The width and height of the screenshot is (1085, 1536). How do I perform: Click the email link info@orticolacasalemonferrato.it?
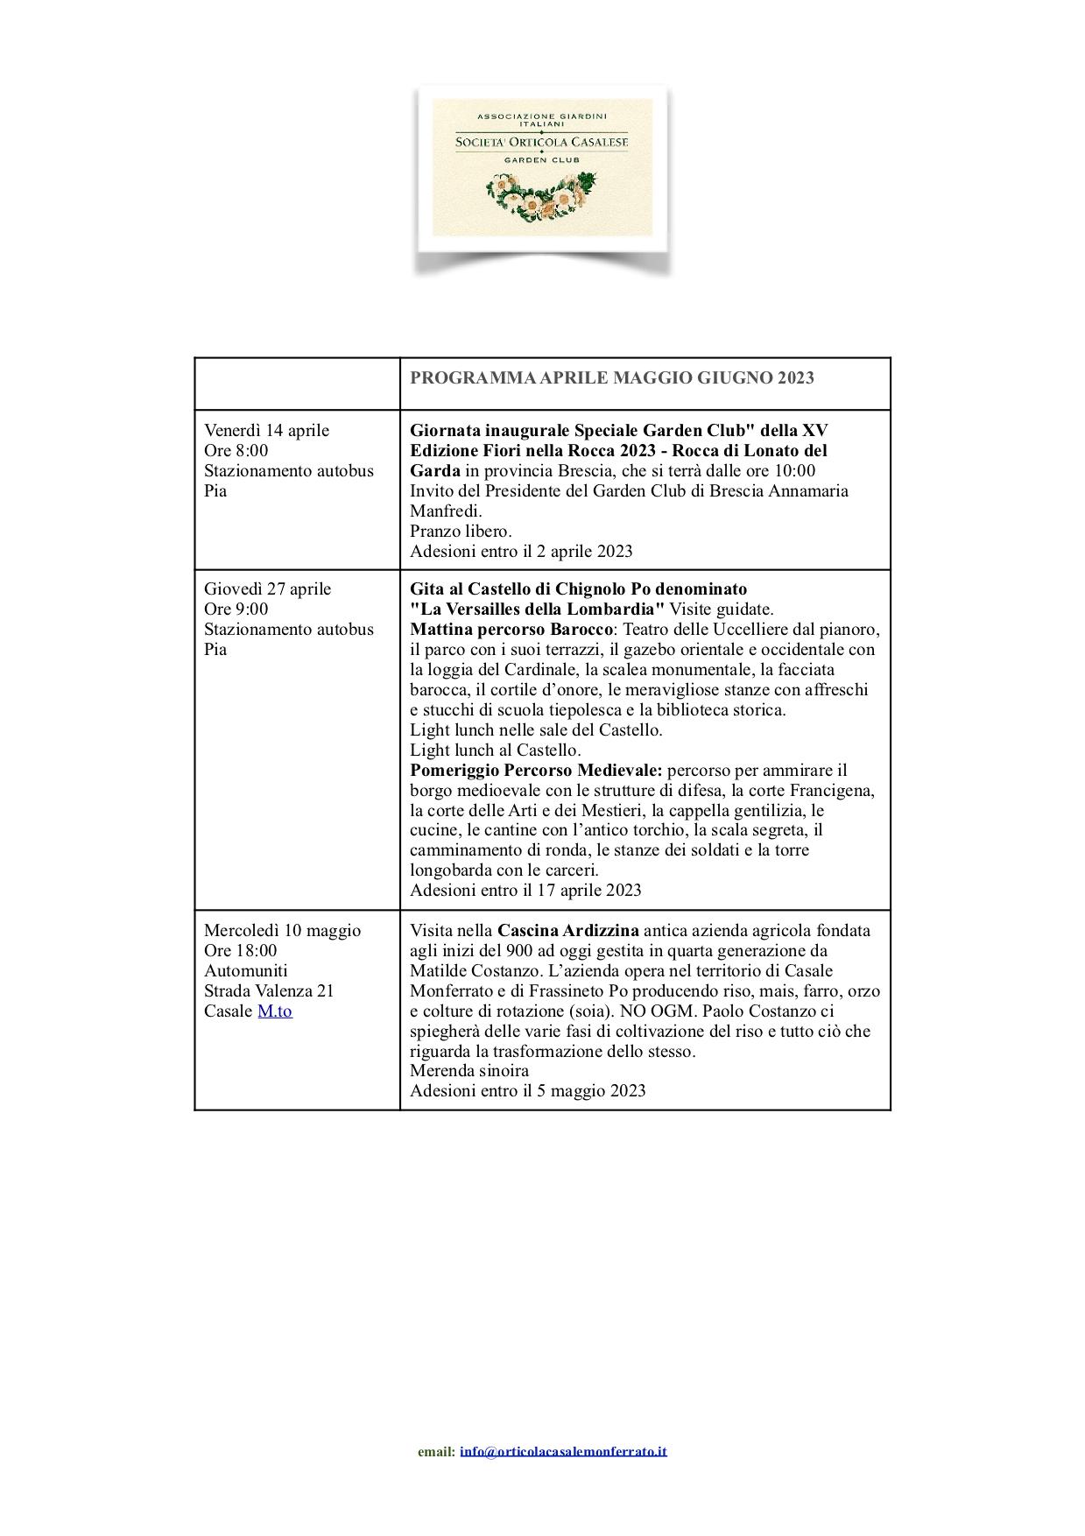click(x=563, y=1451)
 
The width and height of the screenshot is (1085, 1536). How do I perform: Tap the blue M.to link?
click(x=274, y=1011)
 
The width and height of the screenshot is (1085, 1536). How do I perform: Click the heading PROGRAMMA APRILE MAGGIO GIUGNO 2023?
click(x=612, y=377)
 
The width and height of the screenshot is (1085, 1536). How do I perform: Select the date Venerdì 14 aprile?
click(x=266, y=430)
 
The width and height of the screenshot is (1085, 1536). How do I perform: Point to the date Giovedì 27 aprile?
click(x=267, y=588)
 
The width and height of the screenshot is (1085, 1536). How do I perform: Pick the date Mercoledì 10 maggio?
click(x=282, y=930)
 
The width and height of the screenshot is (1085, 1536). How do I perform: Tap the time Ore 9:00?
click(x=236, y=609)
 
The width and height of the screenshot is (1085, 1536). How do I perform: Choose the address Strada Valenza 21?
click(x=269, y=990)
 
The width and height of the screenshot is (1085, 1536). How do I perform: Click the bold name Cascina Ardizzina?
click(x=567, y=930)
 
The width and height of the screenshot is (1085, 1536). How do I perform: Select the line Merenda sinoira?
click(x=469, y=1070)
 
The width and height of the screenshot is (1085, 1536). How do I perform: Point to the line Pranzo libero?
click(x=461, y=531)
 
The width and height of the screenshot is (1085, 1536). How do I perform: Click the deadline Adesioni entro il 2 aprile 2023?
click(x=521, y=551)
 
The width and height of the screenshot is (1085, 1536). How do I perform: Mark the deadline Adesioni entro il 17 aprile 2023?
click(x=525, y=890)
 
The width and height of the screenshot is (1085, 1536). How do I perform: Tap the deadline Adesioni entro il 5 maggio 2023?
click(x=527, y=1090)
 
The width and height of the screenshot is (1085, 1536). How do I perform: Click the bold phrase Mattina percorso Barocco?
click(x=512, y=629)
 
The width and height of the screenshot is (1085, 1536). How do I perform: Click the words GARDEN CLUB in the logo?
click(x=542, y=160)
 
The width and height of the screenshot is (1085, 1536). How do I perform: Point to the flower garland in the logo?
click(x=542, y=194)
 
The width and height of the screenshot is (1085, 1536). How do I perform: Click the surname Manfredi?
click(x=446, y=511)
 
